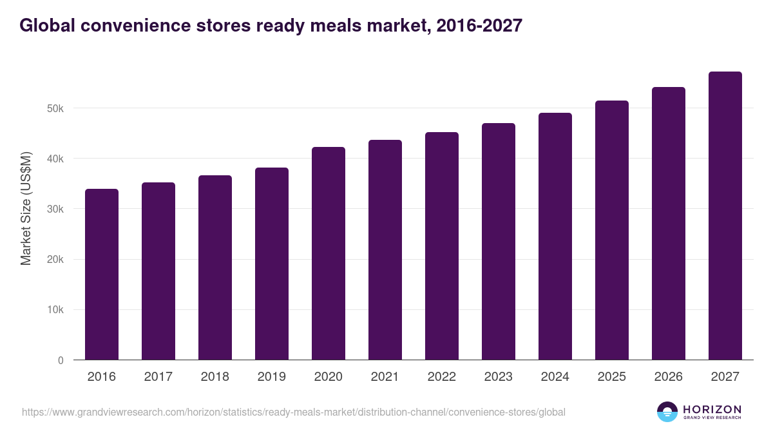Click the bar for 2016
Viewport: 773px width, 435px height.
click(102, 275)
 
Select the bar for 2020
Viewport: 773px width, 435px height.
click(329, 253)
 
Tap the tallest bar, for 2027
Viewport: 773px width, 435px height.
click(725, 216)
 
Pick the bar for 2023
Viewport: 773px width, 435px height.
click(499, 242)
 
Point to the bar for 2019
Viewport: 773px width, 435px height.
click(272, 264)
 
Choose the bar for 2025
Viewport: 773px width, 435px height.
click(612, 230)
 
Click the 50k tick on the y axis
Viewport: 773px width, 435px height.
click(55, 108)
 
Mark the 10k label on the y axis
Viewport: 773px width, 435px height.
click(55, 310)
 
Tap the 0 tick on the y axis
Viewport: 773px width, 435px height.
click(61, 360)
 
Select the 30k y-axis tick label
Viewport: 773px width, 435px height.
click(55, 209)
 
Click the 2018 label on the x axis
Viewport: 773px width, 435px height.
click(215, 377)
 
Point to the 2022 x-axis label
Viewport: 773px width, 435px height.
click(442, 377)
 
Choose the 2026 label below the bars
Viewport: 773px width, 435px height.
click(669, 377)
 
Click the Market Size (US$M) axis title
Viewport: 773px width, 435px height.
click(26, 208)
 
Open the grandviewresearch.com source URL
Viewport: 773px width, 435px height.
click(294, 412)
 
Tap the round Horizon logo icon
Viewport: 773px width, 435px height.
click(667, 412)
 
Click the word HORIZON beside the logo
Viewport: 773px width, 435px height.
click(712, 409)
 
